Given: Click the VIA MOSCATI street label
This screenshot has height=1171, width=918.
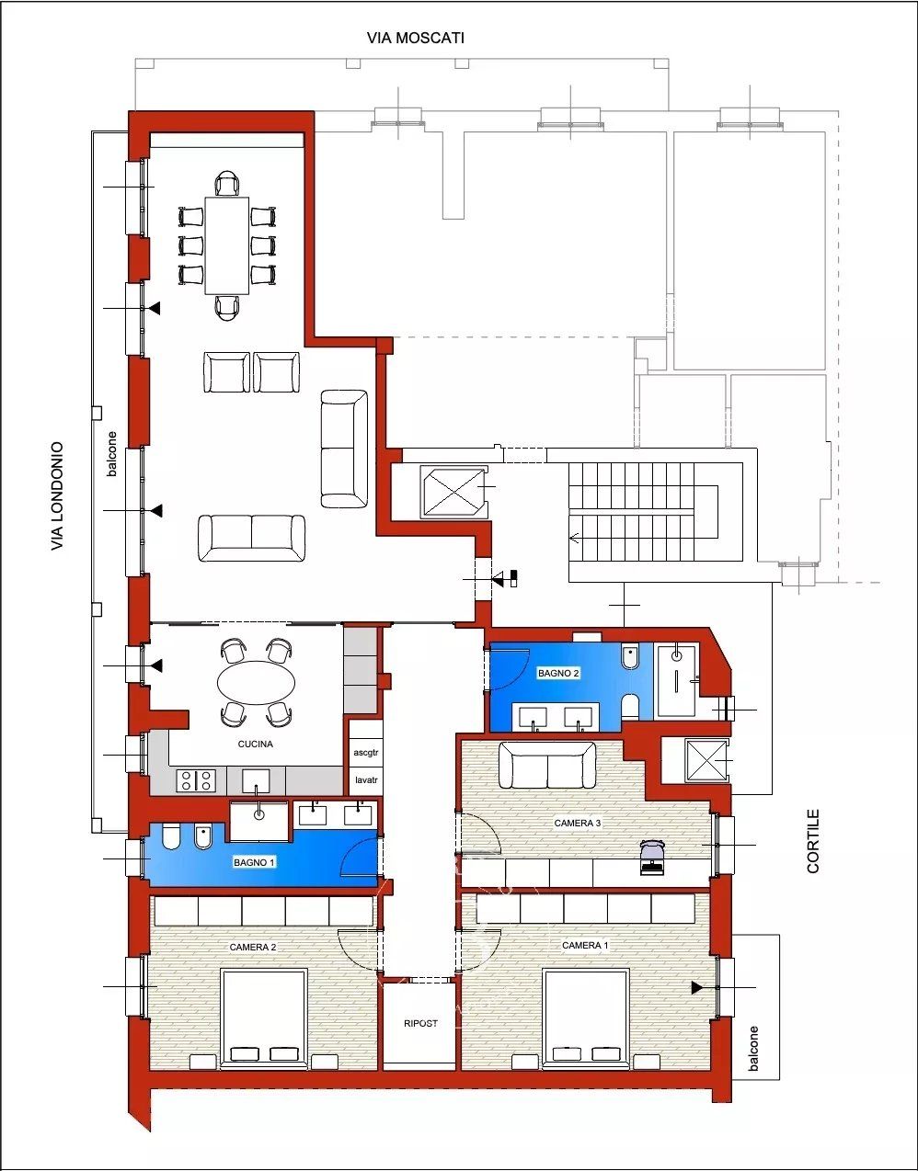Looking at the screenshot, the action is (415, 39).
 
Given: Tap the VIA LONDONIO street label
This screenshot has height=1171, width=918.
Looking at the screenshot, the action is (58, 496).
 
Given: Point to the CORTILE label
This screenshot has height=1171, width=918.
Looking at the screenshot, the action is (813, 841).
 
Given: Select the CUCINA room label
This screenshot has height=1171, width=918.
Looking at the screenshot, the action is (256, 745).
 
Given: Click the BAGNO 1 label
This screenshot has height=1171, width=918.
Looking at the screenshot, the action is (254, 863).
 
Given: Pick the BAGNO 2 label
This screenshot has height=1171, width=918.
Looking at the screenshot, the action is (558, 673).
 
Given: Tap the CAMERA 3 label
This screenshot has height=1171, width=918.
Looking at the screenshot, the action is (578, 823).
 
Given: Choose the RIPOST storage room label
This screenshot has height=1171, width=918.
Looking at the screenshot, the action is (420, 1023).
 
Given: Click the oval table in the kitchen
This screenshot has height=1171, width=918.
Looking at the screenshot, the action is (256, 683).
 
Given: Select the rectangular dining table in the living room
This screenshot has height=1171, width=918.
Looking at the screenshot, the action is (227, 245).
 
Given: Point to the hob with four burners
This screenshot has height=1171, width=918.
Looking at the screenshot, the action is (196, 780).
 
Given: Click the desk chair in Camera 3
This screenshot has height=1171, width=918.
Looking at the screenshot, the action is (652, 855).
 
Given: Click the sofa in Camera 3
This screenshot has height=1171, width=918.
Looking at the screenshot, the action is (547, 765).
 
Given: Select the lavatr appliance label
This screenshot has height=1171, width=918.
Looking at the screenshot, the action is (366, 779).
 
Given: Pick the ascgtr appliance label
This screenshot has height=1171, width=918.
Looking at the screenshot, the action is (366, 753).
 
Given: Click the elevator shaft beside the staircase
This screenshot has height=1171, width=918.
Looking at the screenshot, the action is (453, 492).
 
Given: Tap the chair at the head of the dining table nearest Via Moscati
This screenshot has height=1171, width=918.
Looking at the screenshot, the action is (227, 183).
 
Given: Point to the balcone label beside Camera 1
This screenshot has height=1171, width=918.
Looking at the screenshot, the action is (753, 1048).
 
